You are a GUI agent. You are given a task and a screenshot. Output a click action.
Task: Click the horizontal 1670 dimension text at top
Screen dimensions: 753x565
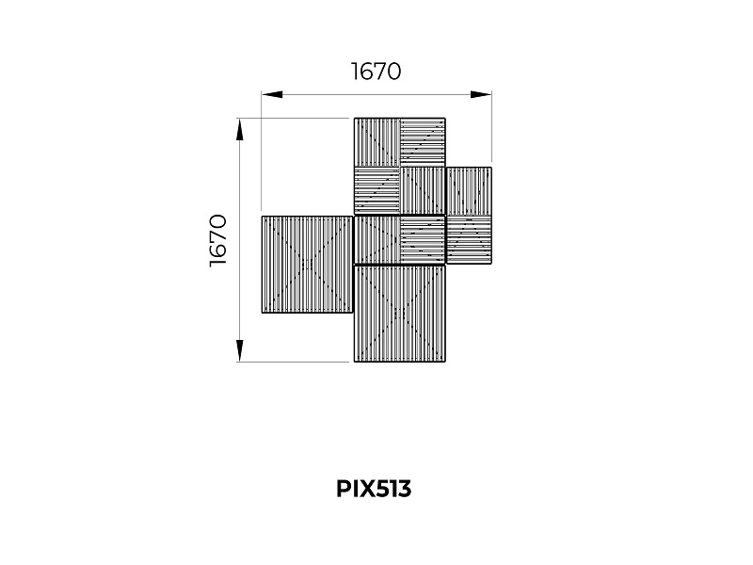tap(376, 72)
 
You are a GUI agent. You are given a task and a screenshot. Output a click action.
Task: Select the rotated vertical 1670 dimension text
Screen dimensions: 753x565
tap(218, 240)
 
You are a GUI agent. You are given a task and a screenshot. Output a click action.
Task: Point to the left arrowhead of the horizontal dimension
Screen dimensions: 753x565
tap(272, 95)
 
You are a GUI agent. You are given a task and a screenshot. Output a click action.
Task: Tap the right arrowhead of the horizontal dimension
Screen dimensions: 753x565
tap(481, 95)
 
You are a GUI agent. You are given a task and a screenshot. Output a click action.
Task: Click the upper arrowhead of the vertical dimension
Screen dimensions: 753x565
tap(240, 130)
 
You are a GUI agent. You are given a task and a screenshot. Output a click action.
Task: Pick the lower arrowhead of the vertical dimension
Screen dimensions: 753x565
tap(240, 350)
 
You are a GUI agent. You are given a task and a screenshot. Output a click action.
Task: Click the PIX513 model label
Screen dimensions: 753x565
tap(374, 489)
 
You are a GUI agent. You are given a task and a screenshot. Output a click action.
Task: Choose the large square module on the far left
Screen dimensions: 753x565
tap(308, 265)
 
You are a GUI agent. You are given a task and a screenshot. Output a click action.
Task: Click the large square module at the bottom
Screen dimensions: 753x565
tap(399, 314)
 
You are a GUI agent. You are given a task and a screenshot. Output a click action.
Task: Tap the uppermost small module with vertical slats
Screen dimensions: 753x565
tap(377, 142)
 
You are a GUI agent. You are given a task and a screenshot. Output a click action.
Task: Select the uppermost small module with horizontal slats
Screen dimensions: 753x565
tap(423, 142)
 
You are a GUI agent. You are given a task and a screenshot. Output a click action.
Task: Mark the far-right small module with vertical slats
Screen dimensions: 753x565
tap(469, 191)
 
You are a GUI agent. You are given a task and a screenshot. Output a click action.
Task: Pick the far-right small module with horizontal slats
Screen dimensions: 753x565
tap(469, 240)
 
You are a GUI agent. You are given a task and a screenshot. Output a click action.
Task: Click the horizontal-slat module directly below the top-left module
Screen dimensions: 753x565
tap(377, 191)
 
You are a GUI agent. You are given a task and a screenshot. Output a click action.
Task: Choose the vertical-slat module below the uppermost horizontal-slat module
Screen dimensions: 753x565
tap(423, 191)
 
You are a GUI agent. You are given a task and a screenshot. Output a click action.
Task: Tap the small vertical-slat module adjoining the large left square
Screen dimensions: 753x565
tap(377, 240)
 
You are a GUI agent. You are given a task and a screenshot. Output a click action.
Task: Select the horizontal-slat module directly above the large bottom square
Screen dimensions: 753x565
tap(423, 240)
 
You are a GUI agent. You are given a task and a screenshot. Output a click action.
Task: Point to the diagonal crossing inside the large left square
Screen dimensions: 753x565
tap(308, 265)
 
